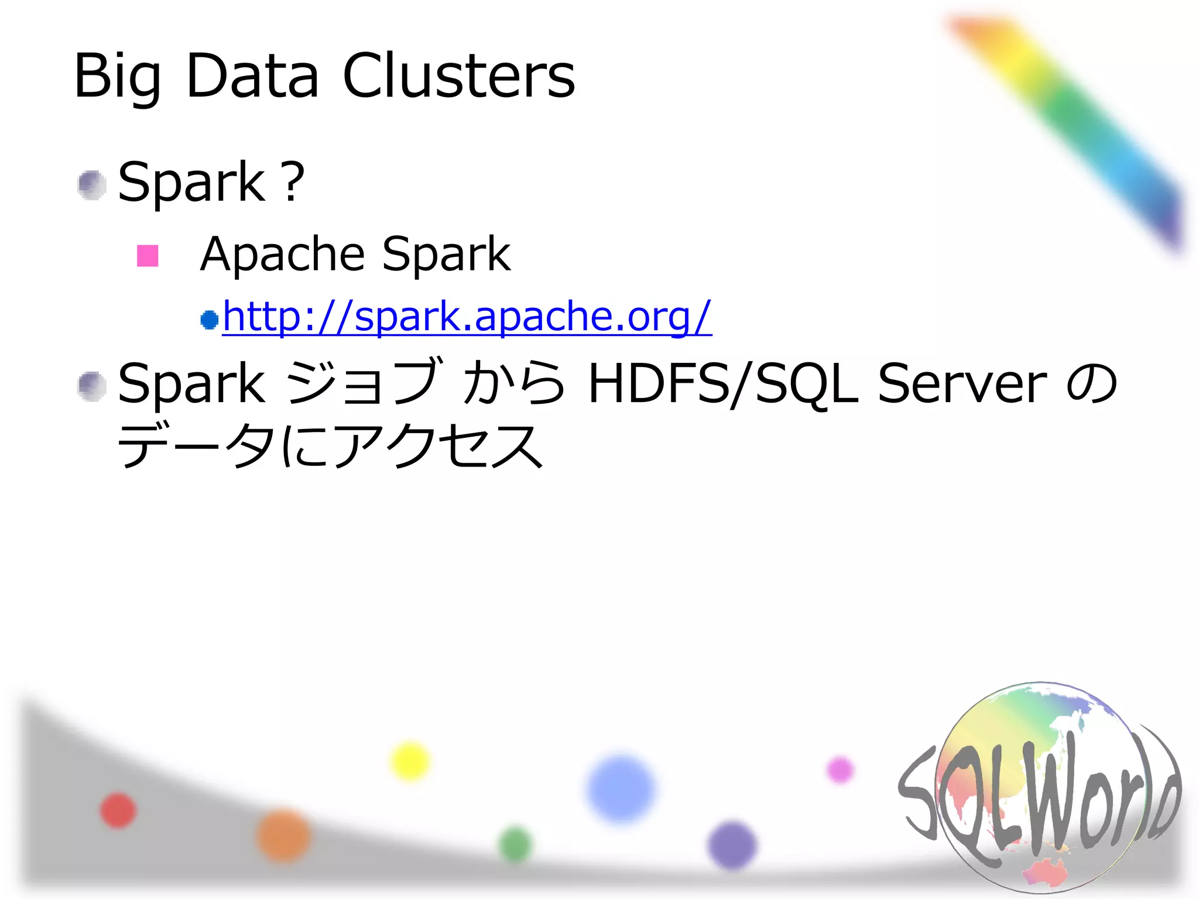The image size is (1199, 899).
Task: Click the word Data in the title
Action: (x=252, y=76)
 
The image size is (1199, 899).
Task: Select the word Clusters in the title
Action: (x=459, y=76)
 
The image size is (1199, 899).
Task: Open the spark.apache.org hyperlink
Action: (x=467, y=317)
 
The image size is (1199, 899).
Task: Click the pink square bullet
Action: (x=148, y=256)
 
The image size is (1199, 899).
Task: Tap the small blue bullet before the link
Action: (x=209, y=320)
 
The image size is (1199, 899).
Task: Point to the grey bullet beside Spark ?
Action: (x=92, y=185)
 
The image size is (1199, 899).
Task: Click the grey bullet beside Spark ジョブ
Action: (x=92, y=386)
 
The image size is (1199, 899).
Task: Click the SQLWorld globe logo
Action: (x=1040, y=787)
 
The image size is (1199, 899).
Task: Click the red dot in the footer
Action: (x=118, y=811)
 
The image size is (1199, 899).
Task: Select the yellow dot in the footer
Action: (x=410, y=761)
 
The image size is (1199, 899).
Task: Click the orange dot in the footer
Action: (x=283, y=836)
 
